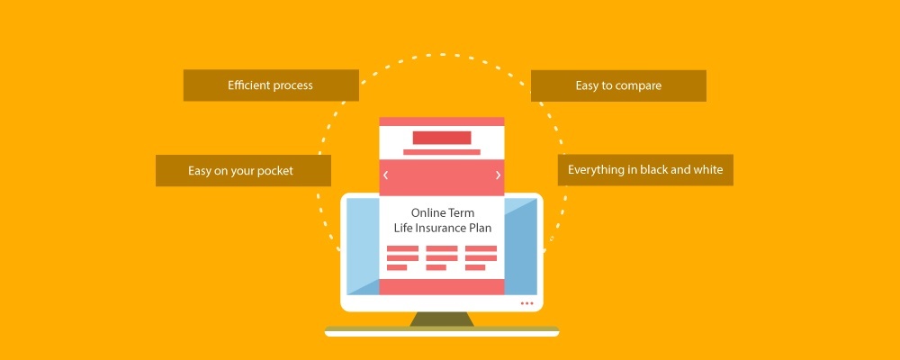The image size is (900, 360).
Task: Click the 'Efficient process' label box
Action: click(x=271, y=85)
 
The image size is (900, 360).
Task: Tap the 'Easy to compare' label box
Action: click(x=618, y=86)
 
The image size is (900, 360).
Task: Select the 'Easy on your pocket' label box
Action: click(x=243, y=170)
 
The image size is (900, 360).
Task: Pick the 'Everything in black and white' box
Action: click(x=645, y=170)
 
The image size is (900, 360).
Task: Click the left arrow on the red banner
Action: click(x=386, y=175)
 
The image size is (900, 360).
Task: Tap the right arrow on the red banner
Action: click(x=499, y=175)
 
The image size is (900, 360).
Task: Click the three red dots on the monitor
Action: click(x=526, y=303)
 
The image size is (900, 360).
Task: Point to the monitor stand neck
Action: click(x=442, y=319)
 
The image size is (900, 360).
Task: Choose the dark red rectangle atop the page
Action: click(x=442, y=138)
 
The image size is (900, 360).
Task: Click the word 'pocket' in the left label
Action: click(x=274, y=171)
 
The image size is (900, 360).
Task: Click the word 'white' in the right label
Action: click(x=708, y=170)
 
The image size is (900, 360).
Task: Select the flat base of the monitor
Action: click(x=442, y=331)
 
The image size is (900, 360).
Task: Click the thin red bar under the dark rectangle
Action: click(x=442, y=152)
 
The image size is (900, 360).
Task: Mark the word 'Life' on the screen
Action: click(x=402, y=228)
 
